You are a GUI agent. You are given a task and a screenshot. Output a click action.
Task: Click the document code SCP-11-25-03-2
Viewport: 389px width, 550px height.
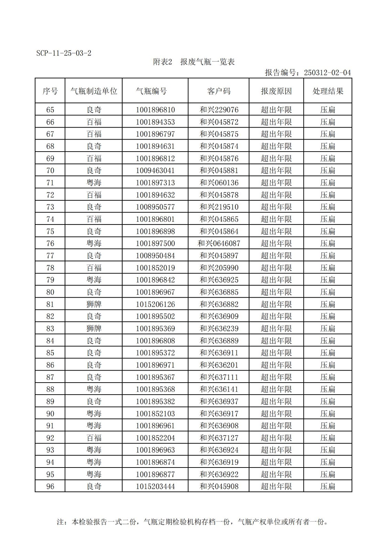click(x=64, y=53)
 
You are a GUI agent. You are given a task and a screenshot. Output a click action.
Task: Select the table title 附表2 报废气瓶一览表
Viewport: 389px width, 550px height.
click(x=194, y=62)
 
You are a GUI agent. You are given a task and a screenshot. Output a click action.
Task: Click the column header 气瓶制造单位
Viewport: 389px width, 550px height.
click(x=94, y=91)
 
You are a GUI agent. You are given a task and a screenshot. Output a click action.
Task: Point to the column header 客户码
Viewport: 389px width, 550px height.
click(x=218, y=91)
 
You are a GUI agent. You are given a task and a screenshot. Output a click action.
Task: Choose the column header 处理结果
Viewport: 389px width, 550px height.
click(x=327, y=91)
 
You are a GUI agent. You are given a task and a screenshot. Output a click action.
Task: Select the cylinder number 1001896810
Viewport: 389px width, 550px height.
click(x=155, y=110)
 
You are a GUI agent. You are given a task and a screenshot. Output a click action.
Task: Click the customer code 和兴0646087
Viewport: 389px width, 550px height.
click(x=219, y=244)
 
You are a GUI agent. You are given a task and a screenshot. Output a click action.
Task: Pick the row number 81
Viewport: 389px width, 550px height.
click(x=50, y=305)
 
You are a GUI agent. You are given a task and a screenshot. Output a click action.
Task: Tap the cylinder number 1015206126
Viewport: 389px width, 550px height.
click(x=155, y=305)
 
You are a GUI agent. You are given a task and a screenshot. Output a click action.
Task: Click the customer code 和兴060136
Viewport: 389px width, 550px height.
click(x=219, y=183)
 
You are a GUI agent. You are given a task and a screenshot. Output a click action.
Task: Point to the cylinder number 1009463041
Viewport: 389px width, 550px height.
click(x=155, y=171)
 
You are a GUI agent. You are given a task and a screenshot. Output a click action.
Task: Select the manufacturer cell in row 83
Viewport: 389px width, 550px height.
click(x=94, y=329)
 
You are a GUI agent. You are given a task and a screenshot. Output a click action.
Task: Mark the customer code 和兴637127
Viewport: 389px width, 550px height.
click(x=219, y=438)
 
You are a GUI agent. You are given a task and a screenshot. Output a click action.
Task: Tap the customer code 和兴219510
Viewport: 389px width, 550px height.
click(x=219, y=207)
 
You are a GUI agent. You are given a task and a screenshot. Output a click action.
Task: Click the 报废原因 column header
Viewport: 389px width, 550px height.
click(x=276, y=91)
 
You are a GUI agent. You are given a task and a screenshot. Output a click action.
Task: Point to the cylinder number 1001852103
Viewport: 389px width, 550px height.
click(x=155, y=414)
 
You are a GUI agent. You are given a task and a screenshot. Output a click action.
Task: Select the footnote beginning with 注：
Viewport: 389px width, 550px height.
click(x=192, y=522)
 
